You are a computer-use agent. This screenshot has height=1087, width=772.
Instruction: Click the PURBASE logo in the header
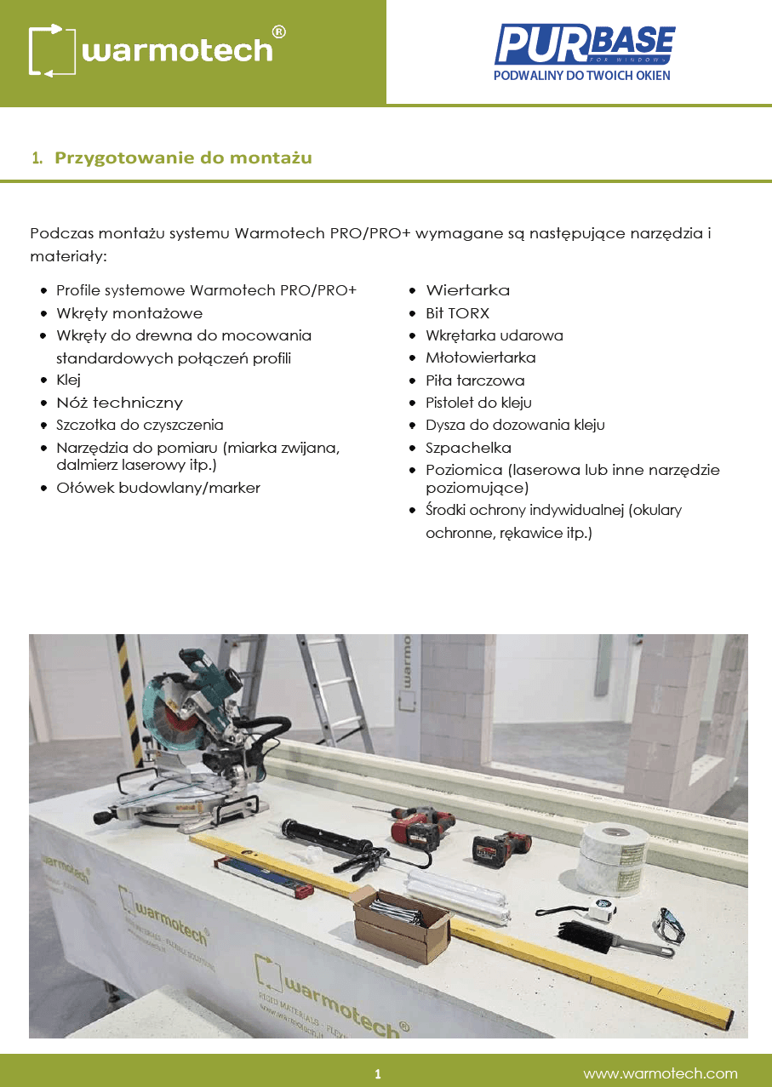point(584,53)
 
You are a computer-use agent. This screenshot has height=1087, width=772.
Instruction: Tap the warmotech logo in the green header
point(157,50)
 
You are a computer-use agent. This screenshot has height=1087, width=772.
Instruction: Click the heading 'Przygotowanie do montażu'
point(183,157)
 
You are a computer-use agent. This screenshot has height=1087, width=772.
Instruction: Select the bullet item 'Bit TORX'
point(457,313)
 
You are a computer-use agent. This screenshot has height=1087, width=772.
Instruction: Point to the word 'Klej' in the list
point(68,380)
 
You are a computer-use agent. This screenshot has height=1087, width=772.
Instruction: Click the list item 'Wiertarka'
point(468,290)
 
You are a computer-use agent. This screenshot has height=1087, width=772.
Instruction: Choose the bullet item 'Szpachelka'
point(468,448)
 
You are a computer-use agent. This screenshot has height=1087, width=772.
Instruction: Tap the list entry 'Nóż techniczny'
point(119,403)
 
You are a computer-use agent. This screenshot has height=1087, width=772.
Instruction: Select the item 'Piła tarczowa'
point(475,380)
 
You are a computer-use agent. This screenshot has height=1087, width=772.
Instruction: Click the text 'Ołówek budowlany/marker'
point(158,489)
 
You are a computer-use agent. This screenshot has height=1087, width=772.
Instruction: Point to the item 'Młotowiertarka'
point(480,358)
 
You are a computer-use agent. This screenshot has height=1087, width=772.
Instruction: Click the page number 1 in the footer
point(378,1073)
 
